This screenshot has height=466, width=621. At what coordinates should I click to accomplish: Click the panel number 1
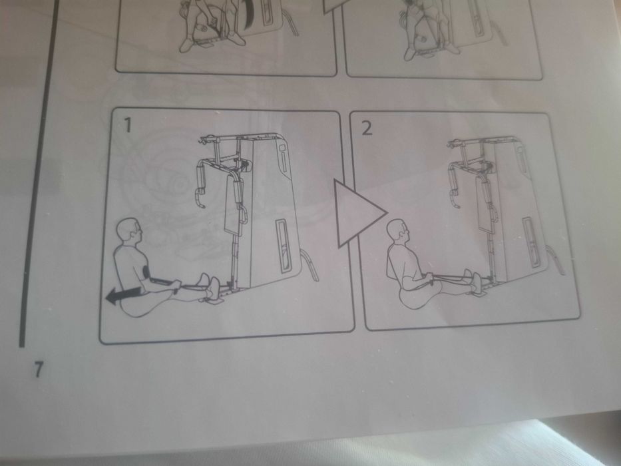(127, 124)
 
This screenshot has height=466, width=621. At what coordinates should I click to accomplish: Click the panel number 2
(367, 128)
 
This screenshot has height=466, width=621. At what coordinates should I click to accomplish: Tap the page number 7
(38, 369)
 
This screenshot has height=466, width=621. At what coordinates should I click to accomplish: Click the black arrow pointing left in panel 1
(123, 296)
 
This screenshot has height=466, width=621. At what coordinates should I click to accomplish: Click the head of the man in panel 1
(130, 232)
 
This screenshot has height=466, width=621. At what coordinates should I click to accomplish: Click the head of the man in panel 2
(397, 233)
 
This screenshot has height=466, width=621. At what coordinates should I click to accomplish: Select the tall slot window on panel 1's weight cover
(284, 246)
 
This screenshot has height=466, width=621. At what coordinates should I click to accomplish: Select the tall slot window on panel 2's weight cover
(530, 242)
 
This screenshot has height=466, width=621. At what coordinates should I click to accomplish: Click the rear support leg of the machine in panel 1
(311, 265)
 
